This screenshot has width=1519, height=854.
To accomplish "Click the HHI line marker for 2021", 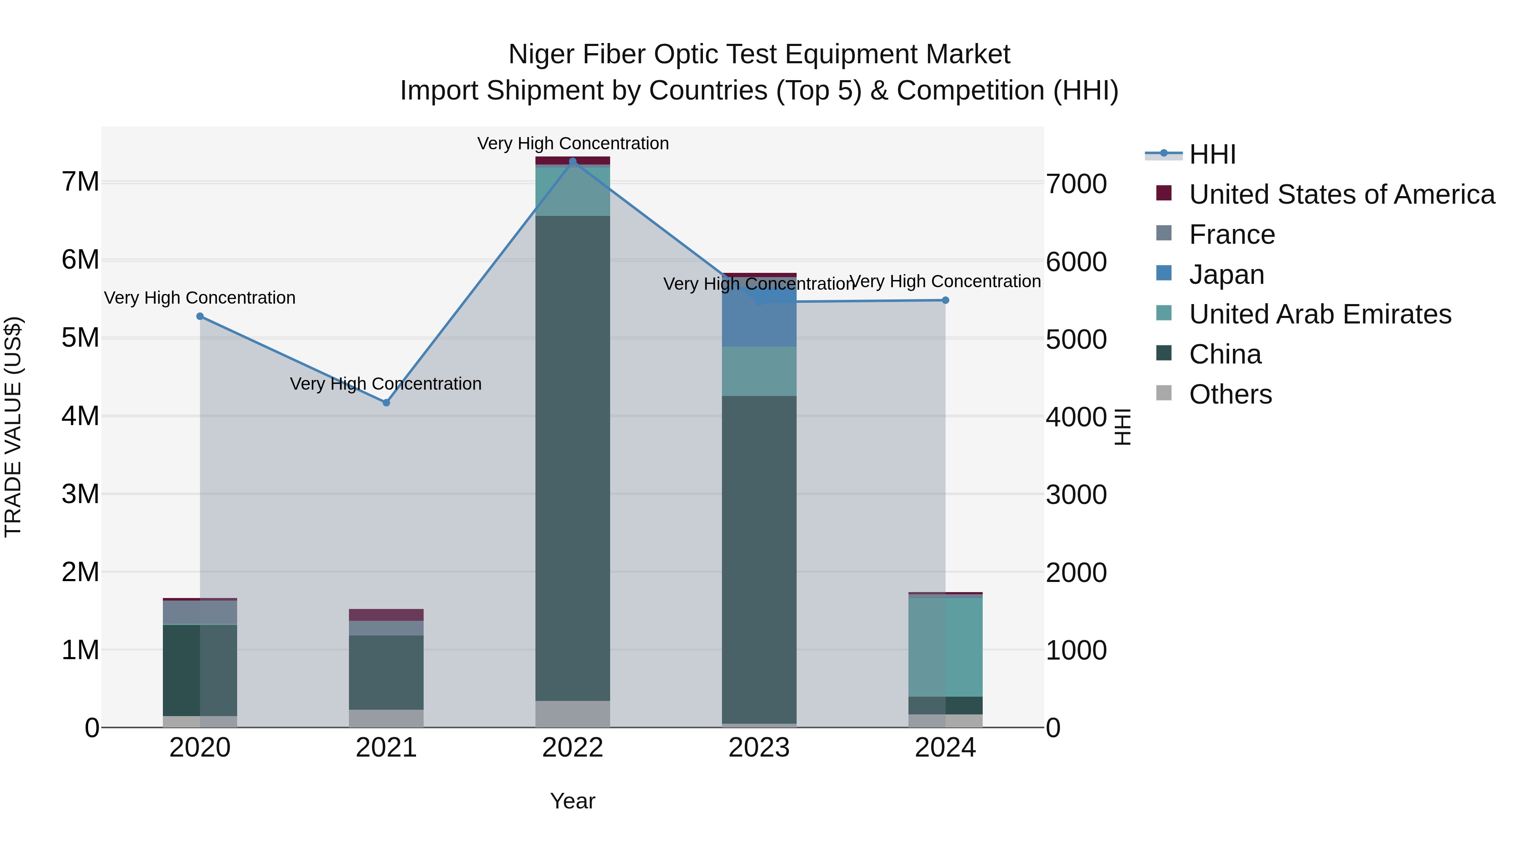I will coord(386,403).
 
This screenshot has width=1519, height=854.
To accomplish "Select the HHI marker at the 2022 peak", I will coord(573,162).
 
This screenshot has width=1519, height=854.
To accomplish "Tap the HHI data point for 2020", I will coord(200,316).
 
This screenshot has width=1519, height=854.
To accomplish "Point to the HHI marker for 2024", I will coord(945,300).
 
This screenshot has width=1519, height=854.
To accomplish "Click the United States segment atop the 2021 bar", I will coord(386,615).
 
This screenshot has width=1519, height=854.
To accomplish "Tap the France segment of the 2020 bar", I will coord(200,612).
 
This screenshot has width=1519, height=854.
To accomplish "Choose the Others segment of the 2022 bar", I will coord(573,714).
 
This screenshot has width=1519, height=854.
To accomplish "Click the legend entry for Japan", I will coord(1227,275).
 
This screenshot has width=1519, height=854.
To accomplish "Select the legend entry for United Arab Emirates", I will coord(1320,314).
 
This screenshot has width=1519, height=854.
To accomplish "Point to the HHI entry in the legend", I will coord(1212,154).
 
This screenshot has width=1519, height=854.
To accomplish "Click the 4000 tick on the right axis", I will coord(1076,417).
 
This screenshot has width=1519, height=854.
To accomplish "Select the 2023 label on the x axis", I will coord(759,748).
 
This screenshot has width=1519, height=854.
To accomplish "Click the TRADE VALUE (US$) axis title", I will coord(14,427).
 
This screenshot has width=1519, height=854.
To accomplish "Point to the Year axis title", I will coord(573,801).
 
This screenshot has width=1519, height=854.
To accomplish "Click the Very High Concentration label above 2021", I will coord(386,384).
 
